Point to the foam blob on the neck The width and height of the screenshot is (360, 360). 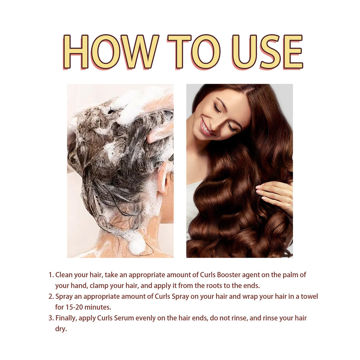(137, 245)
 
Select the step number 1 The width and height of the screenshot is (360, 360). (50, 275)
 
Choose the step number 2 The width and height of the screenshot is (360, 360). (50, 296)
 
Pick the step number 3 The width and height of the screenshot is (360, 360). (50, 318)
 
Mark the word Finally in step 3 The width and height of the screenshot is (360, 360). (66, 318)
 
